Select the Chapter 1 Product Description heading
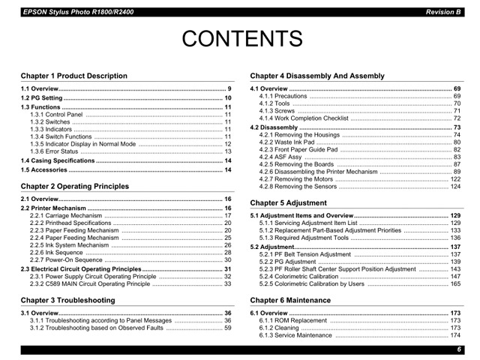[74, 76]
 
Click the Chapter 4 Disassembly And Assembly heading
[317, 76]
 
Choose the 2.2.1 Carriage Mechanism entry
[65, 215]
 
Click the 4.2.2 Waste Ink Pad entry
[289, 142]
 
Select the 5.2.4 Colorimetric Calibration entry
[298, 276]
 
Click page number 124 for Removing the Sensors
[455, 186]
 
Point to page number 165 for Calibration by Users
[455, 284]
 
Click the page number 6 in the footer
[458, 349]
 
